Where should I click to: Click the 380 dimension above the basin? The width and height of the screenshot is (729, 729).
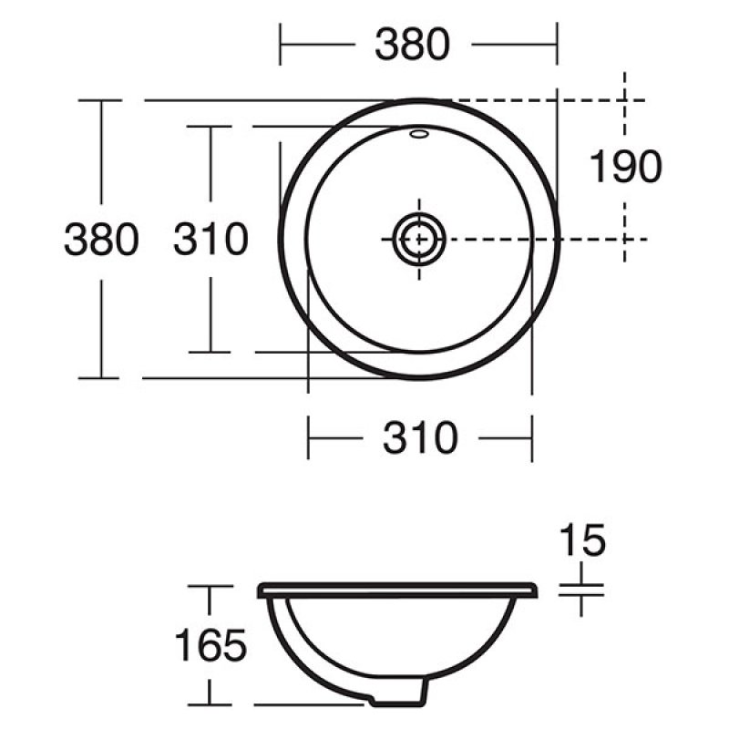pyautogui.click(x=412, y=43)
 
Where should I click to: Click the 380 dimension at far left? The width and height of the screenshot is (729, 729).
pyautogui.click(x=101, y=239)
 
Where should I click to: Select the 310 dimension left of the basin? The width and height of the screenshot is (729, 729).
pyautogui.click(x=210, y=239)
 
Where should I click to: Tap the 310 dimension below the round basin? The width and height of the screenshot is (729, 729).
pyautogui.click(x=420, y=438)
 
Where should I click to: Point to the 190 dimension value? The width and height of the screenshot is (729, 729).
pyautogui.click(x=625, y=168)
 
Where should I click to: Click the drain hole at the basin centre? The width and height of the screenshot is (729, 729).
pyautogui.click(x=419, y=239)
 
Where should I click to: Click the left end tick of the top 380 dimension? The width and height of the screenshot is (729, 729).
pyautogui.click(x=281, y=43)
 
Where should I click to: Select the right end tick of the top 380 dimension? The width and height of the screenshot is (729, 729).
pyautogui.click(x=556, y=43)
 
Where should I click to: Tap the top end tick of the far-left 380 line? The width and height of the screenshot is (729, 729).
pyautogui.click(x=101, y=100)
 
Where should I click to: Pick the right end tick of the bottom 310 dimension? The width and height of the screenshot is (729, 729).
pyautogui.click(x=531, y=438)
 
